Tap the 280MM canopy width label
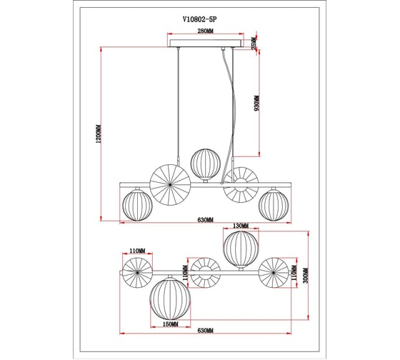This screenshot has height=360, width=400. click(x=206, y=31)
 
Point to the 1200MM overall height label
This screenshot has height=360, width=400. click(x=99, y=134)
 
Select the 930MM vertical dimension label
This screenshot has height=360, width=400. click(x=256, y=103)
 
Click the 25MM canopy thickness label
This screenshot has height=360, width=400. click(x=254, y=43)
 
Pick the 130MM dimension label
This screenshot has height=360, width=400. click(x=241, y=226)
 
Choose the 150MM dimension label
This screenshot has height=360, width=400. click(x=171, y=324)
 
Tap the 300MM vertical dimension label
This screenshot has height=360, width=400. click(x=306, y=275)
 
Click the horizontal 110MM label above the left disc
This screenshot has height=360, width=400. click(x=137, y=251)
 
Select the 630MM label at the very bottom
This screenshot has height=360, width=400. click(x=206, y=331)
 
